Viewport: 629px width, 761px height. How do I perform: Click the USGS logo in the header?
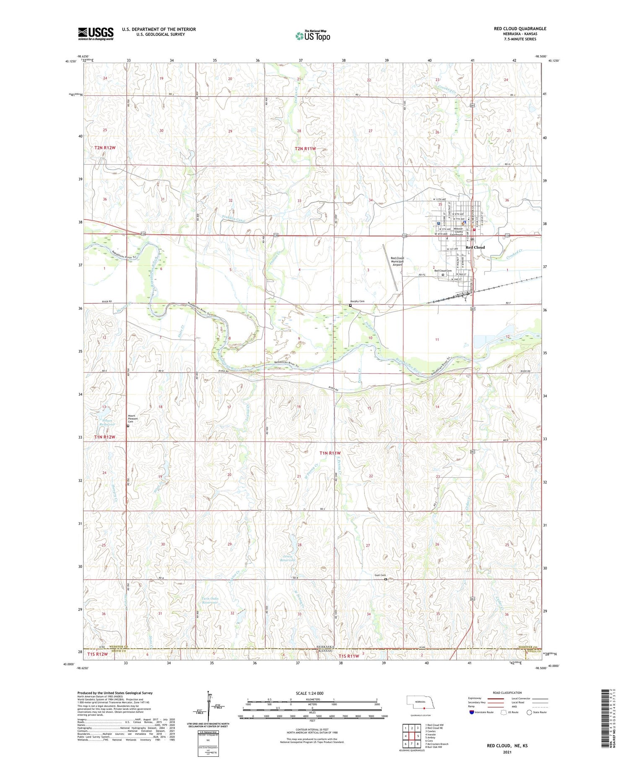click(x=96, y=34)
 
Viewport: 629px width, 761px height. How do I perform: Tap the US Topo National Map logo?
click(x=312, y=36)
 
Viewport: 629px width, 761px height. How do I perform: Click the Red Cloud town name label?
click(x=475, y=247)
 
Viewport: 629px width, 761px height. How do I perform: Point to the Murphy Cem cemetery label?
click(x=357, y=301)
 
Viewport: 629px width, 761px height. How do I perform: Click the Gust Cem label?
click(x=380, y=575)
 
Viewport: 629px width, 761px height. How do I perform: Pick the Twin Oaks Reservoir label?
click(x=210, y=600)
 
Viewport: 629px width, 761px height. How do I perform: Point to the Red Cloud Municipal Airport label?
click(x=397, y=262)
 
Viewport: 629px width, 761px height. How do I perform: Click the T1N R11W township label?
click(x=330, y=453)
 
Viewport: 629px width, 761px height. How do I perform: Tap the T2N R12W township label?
click(x=105, y=148)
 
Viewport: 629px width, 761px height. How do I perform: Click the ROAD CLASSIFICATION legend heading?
click(x=507, y=693)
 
